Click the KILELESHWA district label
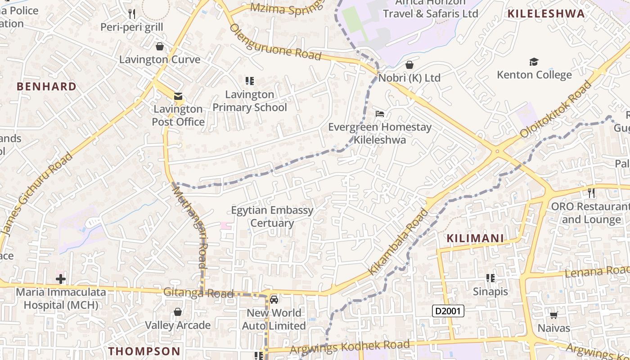pos(546,13)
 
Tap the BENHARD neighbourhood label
pos(46,86)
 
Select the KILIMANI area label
pos(475,238)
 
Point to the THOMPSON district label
pos(144,351)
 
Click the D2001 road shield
pos(448,310)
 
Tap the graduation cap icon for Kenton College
pos(534,62)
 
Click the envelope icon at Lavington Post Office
pos(178,96)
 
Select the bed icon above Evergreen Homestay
pos(380,114)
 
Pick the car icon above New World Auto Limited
pos(274,299)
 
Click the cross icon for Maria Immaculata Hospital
pos(61,279)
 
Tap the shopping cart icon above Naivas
pos(553,315)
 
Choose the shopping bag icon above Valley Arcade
pos(178,312)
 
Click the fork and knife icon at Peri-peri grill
pos(132,14)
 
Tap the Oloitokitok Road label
pos(556,109)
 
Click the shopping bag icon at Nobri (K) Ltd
pos(409,65)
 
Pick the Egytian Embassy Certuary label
pos(272,216)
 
